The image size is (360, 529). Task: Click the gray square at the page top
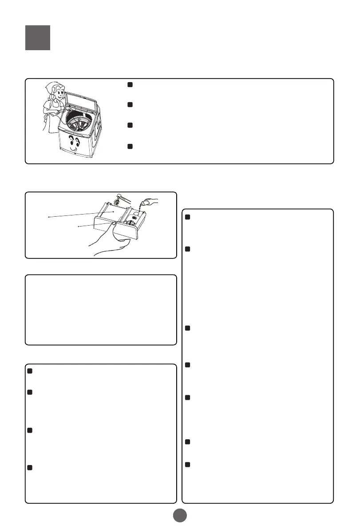[37, 37]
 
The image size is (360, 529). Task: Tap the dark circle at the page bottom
[180, 515]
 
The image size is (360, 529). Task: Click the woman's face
[55, 93]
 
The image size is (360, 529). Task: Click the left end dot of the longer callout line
[48, 217]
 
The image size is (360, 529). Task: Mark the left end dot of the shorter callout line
[78, 226]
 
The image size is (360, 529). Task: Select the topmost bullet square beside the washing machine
[130, 85]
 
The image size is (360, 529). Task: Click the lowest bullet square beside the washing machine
[130, 146]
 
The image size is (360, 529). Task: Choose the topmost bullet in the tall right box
[187, 217]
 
